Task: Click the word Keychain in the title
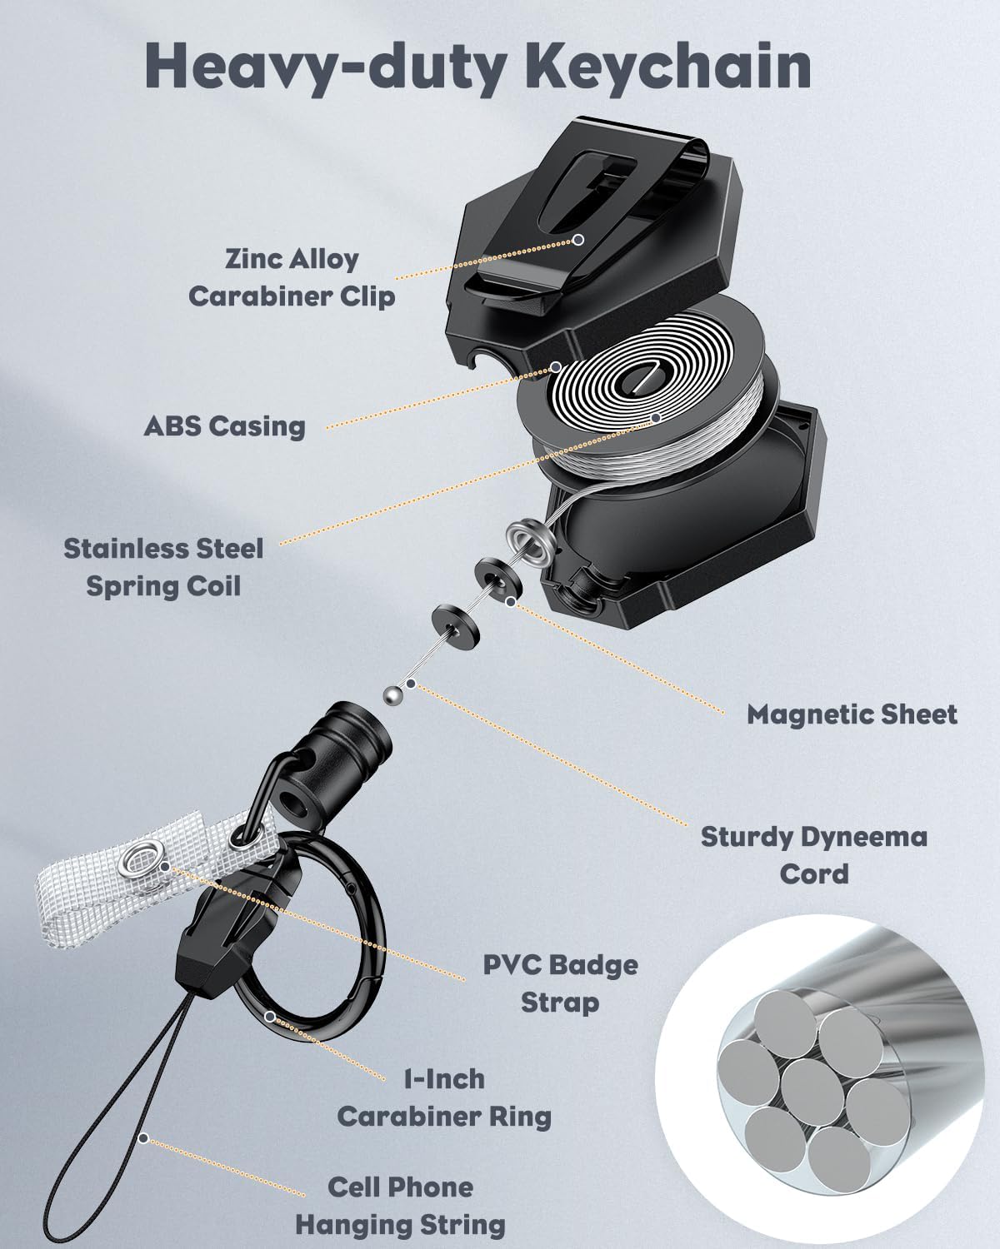pyautogui.click(x=670, y=66)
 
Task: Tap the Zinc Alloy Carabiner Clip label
pyautogui.click(x=292, y=278)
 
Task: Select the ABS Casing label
pyautogui.click(x=224, y=426)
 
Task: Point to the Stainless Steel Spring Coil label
pyautogui.click(x=163, y=568)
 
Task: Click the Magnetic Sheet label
pyautogui.click(x=852, y=714)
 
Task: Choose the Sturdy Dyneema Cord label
pyautogui.click(x=814, y=855)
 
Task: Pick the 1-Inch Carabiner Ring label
pyautogui.click(x=444, y=1098)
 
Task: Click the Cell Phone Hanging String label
pyautogui.click(x=400, y=1206)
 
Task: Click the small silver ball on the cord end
pyautogui.click(x=393, y=694)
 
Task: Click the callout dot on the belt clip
pyautogui.click(x=578, y=239)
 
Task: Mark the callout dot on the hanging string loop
pyautogui.click(x=143, y=1138)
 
